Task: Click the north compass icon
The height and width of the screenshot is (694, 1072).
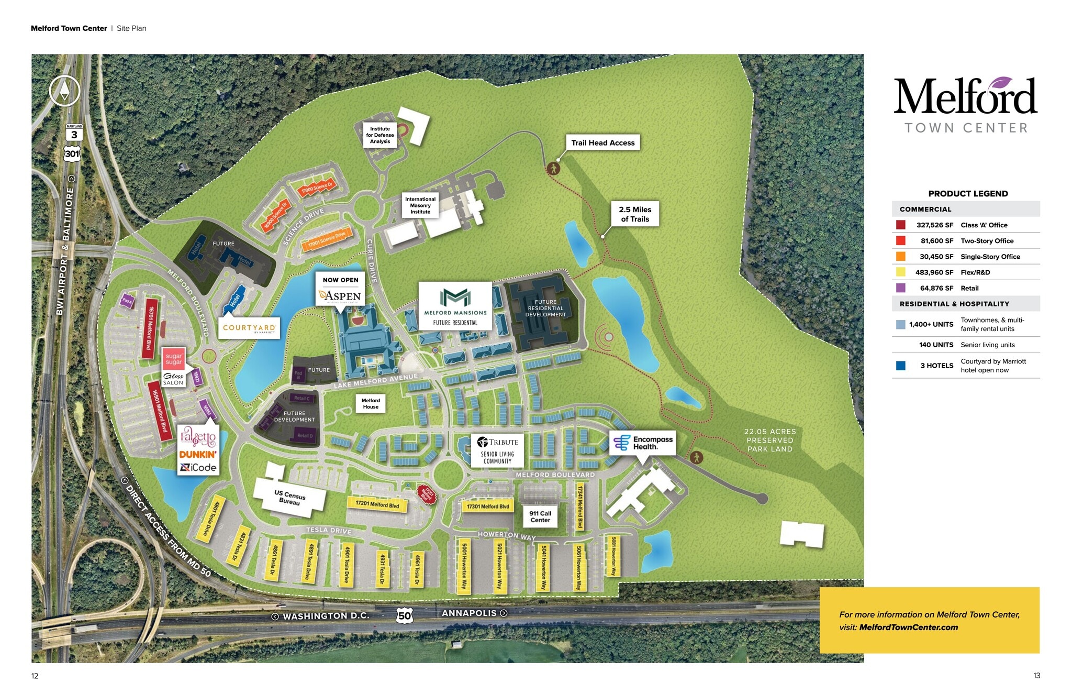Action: point(64,91)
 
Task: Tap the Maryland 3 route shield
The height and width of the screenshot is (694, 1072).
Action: point(74,133)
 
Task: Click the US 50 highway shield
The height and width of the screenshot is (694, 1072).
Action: point(404,615)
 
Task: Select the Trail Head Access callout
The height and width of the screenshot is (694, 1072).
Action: point(602,142)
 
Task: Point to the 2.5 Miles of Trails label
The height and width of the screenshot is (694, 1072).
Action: point(635,214)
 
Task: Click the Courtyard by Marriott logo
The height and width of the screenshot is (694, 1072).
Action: point(249,328)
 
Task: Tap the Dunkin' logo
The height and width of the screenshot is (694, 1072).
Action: point(198,454)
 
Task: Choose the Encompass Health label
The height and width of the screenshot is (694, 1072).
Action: point(643,443)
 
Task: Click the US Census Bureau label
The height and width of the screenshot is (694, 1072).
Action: point(289,497)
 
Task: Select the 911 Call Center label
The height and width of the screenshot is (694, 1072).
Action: point(540,517)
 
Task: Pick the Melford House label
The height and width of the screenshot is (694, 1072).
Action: point(371,403)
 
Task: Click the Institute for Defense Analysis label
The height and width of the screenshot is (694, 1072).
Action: point(380,135)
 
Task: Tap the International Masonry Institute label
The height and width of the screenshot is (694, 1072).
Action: point(420,205)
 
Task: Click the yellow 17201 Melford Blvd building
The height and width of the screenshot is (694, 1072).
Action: point(377,504)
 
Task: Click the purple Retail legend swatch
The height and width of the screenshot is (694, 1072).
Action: point(901,288)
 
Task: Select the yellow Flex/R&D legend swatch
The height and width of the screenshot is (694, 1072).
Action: point(901,272)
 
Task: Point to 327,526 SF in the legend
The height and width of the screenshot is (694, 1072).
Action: point(935,225)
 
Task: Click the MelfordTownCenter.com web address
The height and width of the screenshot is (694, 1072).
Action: point(908,627)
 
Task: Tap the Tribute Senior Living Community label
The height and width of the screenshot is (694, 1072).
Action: point(498,450)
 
